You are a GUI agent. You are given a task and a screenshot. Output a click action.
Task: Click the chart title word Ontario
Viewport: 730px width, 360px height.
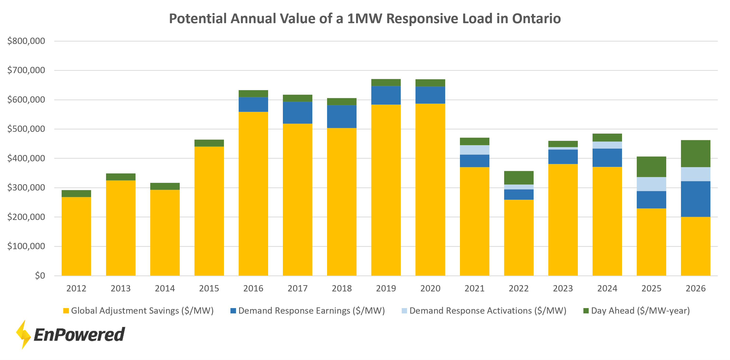coord(536,19)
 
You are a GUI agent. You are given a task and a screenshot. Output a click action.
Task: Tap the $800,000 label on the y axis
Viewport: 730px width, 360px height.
coord(26,41)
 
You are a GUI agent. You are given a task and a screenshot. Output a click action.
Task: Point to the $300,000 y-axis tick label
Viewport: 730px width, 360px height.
coord(26,188)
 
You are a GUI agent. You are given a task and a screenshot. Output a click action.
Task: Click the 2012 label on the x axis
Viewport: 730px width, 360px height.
coord(76,288)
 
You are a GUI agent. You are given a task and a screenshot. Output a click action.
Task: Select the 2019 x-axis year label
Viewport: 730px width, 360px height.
coord(386,288)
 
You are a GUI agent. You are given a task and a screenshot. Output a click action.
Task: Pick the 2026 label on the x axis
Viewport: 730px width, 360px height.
coord(695,288)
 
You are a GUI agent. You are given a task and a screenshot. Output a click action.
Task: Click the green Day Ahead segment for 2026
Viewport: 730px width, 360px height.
coord(695,154)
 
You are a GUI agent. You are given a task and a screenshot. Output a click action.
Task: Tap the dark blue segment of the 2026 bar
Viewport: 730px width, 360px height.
coord(695,199)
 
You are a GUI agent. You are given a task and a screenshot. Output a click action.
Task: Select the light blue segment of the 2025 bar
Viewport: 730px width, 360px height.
coord(651,184)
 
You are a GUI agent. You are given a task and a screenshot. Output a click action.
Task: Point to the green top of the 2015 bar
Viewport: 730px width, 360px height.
coord(209,143)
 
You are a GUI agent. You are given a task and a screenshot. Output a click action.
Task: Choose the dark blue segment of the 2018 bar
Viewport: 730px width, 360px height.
coord(342,116)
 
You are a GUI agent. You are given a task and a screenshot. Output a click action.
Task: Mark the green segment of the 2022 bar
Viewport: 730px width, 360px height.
coord(519,178)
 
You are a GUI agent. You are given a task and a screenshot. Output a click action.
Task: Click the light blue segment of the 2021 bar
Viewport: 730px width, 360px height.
coord(474,150)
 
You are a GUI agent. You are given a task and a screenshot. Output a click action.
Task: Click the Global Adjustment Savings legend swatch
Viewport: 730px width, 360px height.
coord(66,311)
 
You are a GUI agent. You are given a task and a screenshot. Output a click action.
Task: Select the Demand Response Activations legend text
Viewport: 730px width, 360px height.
coord(487,311)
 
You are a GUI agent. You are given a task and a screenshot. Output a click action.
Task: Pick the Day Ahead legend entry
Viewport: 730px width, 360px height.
coord(640,311)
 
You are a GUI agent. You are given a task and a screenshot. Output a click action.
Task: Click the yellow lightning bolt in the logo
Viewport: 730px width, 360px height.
coord(23,334)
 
